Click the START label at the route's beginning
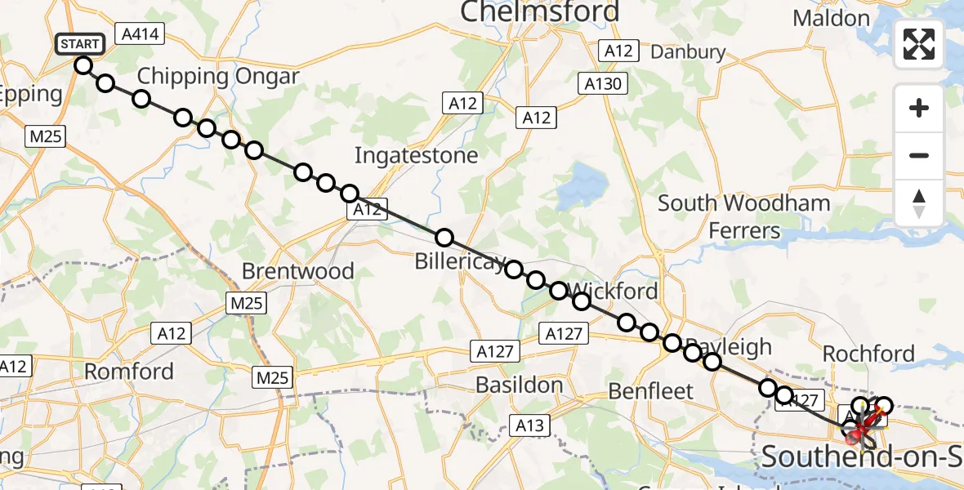[79, 44]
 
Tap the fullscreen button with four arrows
[919, 44]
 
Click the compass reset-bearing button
[919, 203]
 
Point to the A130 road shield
[604, 83]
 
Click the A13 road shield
[532, 425]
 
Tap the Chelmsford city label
[540, 12]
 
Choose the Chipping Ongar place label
[218, 77]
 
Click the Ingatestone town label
[417, 154]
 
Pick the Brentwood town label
[298, 271]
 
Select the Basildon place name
[519, 385]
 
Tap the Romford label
[129, 372]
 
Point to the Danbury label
[688, 52]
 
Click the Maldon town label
[832, 17]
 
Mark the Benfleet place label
[651, 391]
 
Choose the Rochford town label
[868, 354]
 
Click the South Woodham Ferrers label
[744, 216]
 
